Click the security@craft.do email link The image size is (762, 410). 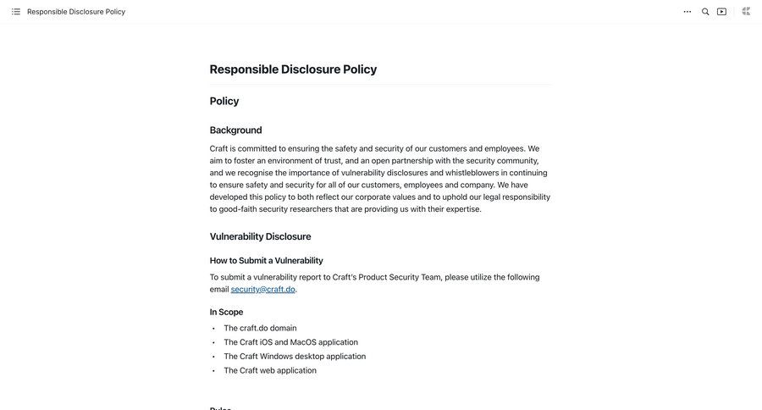pyautogui.click(x=262, y=289)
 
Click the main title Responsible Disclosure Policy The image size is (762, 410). pyautogui.click(x=293, y=69)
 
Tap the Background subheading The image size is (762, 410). pyautogui.click(x=235, y=130)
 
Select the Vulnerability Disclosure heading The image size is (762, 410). pyautogui.click(x=260, y=236)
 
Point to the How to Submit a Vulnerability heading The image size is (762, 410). pyautogui.click(x=266, y=260)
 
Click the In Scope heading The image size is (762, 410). pyautogui.click(x=226, y=312)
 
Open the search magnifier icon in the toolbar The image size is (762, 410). pyautogui.click(x=705, y=12)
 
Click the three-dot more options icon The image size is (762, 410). pyautogui.click(x=687, y=12)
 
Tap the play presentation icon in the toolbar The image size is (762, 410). pyautogui.click(x=722, y=12)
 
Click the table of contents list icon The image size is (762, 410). pyautogui.click(x=16, y=12)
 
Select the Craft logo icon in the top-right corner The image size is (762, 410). pyautogui.click(x=746, y=11)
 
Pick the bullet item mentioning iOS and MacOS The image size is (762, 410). pyautogui.click(x=290, y=342)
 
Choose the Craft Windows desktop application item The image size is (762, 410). pyautogui.click(x=295, y=357)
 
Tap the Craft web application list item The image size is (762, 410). pyautogui.click(x=269, y=370)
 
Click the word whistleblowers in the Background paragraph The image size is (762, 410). pyautogui.click(x=472, y=173)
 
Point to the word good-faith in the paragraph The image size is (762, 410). pyautogui.click(x=238, y=209)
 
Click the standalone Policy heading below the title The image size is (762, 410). pyautogui.click(x=224, y=101)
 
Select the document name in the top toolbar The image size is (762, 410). pyautogui.click(x=76, y=12)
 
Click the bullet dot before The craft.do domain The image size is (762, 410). pyautogui.click(x=213, y=329)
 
